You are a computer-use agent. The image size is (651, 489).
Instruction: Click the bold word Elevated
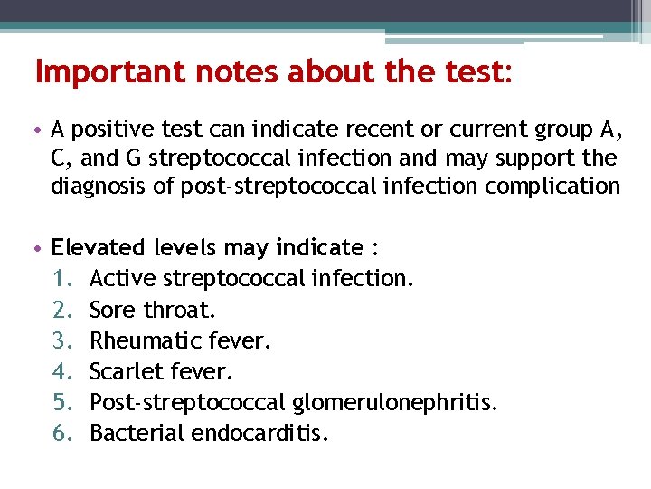[x=94, y=247]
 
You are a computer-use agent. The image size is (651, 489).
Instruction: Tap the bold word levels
[x=182, y=247]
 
